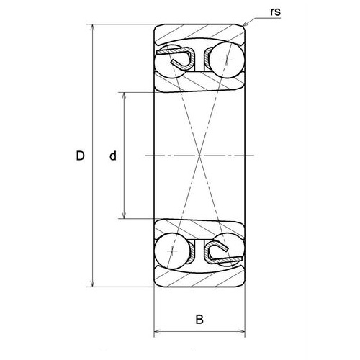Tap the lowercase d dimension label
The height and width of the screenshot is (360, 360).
[x=113, y=156]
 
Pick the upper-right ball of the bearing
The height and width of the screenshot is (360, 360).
[x=225, y=60]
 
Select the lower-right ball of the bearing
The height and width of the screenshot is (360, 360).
[x=225, y=250]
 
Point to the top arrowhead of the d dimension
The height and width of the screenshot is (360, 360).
[x=125, y=95]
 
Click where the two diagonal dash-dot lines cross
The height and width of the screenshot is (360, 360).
[x=199, y=156]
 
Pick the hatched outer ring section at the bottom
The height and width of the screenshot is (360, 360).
[x=199, y=276]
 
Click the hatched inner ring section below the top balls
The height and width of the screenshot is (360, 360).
[x=199, y=84]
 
